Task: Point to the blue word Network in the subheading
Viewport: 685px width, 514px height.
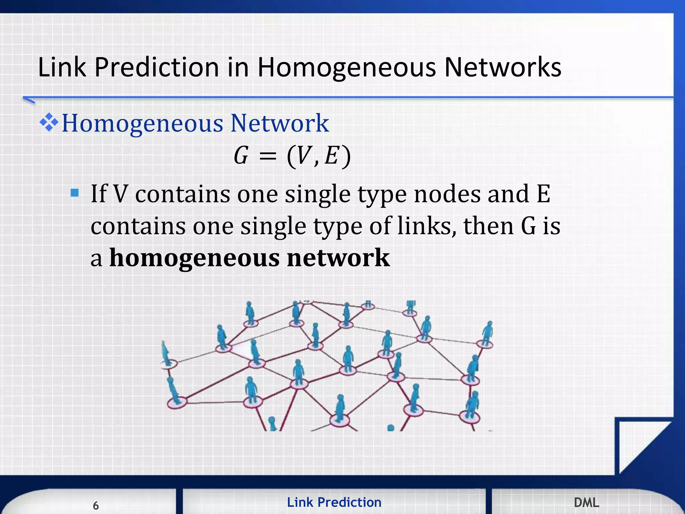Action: point(280,123)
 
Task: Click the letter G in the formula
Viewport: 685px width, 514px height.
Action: point(241,156)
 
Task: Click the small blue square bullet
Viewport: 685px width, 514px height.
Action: point(75,193)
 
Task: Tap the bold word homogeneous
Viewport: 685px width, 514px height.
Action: point(194,258)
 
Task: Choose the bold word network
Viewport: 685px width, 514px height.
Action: point(338,258)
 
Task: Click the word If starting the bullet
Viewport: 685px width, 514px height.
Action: point(99,194)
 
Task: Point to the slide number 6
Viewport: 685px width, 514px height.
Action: point(96,505)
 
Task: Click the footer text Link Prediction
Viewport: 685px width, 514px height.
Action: point(334,502)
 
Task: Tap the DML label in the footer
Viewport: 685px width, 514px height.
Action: point(586,502)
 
